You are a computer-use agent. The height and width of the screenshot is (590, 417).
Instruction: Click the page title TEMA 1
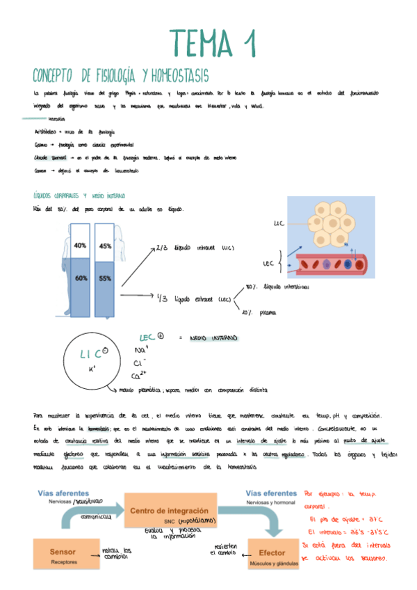pos(208,44)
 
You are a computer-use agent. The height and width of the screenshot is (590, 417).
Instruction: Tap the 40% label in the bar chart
pos(80,246)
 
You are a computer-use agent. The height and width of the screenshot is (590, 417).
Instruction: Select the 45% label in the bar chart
pos(106,246)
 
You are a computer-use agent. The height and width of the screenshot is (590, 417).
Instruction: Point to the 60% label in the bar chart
pos(80,278)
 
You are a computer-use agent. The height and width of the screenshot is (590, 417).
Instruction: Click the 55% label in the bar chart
pos(106,278)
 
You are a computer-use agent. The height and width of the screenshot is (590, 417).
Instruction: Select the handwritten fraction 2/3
pos(161,248)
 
